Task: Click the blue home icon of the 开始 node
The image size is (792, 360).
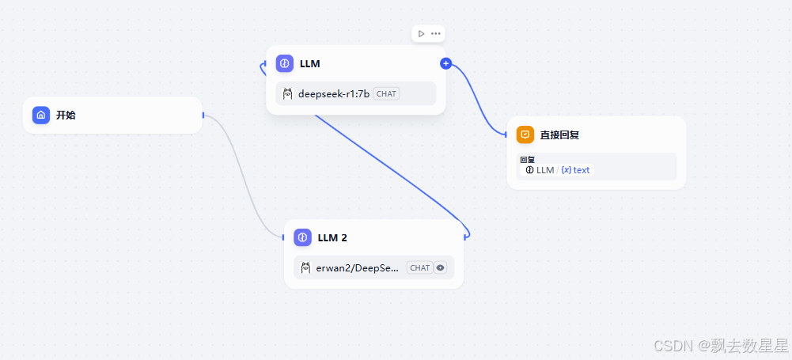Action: [x=41, y=115]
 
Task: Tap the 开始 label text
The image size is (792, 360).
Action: [x=66, y=116]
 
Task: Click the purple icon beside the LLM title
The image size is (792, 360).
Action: [x=285, y=63]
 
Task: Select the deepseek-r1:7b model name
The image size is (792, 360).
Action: [x=333, y=93]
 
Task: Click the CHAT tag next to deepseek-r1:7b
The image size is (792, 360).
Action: [x=386, y=93]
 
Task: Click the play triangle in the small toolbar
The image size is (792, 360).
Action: [x=421, y=33]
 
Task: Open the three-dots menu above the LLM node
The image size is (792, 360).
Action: [x=436, y=33]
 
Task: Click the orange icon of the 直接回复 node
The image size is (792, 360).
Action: [x=525, y=135]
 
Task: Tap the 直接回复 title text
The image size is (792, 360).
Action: [x=559, y=135]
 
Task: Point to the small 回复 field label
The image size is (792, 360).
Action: [x=527, y=160]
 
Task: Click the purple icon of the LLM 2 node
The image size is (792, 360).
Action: [x=302, y=237]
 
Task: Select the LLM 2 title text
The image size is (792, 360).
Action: [x=332, y=237]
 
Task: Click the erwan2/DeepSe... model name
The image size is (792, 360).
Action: [x=358, y=268]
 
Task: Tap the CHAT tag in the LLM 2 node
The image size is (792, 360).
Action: [x=420, y=268]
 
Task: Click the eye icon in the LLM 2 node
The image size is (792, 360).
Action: [x=441, y=268]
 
